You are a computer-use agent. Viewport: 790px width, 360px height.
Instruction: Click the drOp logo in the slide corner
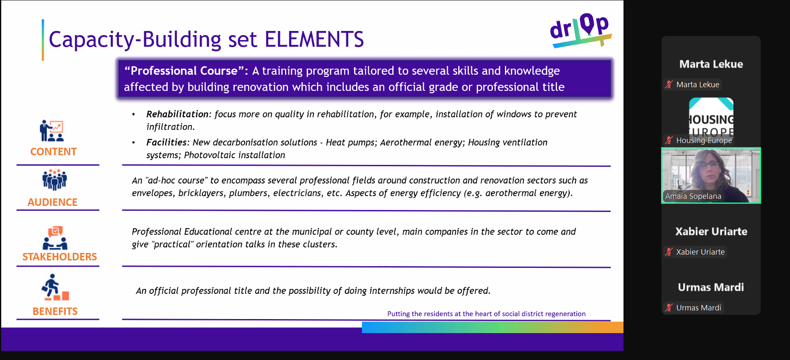(581, 30)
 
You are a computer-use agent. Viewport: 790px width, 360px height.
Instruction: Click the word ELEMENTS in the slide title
(314, 40)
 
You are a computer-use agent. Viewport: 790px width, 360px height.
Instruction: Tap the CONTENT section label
(53, 152)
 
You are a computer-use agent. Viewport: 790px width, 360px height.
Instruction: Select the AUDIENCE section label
(52, 202)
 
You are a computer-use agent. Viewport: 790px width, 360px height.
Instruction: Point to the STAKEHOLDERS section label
(59, 257)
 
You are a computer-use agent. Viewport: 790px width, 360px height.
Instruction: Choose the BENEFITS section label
(55, 311)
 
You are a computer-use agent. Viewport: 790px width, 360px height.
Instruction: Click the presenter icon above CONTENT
(52, 131)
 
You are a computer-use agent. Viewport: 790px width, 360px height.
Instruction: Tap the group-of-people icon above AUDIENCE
(54, 179)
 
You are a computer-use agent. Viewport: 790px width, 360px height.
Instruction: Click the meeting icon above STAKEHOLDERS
(55, 238)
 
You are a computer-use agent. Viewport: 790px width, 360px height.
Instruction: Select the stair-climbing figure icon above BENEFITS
(55, 287)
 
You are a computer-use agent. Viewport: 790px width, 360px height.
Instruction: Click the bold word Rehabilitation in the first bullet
(177, 114)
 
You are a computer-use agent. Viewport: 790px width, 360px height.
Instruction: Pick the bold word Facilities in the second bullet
(167, 142)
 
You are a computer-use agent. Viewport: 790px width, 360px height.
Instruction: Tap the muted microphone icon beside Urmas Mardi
(669, 308)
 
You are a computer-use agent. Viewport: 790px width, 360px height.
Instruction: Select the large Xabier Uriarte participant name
(711, 231)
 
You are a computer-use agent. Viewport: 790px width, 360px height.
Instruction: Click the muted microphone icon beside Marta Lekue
(669, 84)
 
